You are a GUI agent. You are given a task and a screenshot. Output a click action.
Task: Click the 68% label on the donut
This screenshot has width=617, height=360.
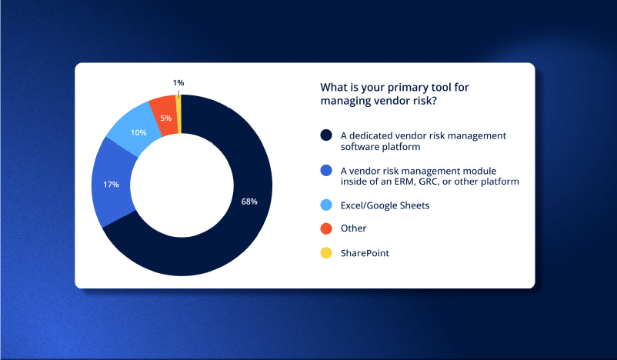click(249, 202)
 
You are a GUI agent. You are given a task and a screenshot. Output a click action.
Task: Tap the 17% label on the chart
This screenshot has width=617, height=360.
click(111, 185)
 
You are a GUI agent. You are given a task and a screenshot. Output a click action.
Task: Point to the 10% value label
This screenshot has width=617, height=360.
click(138, 132)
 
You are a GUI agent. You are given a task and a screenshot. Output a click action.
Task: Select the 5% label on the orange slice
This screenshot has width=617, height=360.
click(165, 118)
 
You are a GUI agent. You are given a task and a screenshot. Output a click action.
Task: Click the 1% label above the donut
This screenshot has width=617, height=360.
click(178, 82)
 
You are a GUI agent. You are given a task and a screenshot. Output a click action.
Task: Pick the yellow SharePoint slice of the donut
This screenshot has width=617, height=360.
click(178, 114)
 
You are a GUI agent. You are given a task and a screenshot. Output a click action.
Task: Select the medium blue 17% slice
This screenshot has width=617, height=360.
click(112, 183)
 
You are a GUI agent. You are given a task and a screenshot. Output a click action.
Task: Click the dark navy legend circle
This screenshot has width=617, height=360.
click(326, 135)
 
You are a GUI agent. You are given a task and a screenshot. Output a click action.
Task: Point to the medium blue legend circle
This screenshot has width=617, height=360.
click(326, 170)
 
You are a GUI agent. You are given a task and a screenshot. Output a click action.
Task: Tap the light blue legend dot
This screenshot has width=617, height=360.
click(326, 205)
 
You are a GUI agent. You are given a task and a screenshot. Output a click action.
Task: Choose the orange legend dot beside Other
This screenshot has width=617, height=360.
click(326, 228)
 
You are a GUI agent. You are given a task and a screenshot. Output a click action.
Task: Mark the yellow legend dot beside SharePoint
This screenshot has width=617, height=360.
click(326, 253)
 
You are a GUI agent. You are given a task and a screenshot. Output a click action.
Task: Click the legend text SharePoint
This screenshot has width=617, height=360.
click(365, 253)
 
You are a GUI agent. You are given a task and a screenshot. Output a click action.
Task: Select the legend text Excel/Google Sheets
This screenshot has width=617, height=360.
click(385, 205)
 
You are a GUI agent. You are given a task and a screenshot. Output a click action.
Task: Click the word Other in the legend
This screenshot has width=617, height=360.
click(353, 228)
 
